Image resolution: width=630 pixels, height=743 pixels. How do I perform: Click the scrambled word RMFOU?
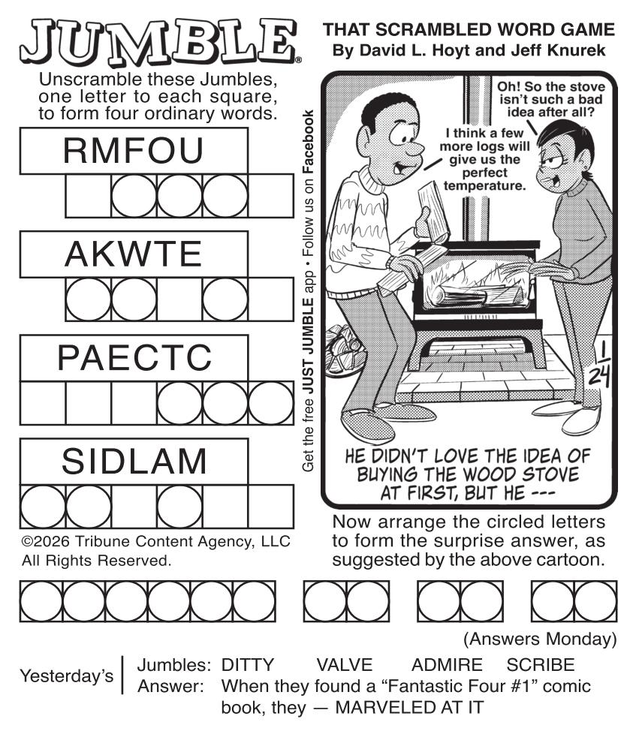coord(133,151)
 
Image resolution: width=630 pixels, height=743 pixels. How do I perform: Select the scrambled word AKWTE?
coord(133,254)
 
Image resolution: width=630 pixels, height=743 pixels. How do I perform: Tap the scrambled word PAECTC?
coord(134,358)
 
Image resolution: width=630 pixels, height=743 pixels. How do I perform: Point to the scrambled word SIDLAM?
coord(134,461)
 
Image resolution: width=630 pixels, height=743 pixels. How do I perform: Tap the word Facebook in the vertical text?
coord(308,141)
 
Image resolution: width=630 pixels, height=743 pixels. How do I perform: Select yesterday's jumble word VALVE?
coord(345,665)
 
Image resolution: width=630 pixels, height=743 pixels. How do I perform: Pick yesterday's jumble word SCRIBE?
coord(541,665)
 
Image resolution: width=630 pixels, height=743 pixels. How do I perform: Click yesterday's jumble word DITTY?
coord(248,665)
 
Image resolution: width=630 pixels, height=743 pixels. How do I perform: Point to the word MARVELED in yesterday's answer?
coord(385,708)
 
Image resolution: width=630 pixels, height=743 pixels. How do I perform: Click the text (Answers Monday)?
coord(540,639)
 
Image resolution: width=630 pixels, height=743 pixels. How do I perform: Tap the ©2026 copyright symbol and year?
coord(46,541)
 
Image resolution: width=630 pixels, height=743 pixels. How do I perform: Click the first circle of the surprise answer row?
coord(41,601)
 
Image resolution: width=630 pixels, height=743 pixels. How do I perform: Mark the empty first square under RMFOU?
coord(88,196)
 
